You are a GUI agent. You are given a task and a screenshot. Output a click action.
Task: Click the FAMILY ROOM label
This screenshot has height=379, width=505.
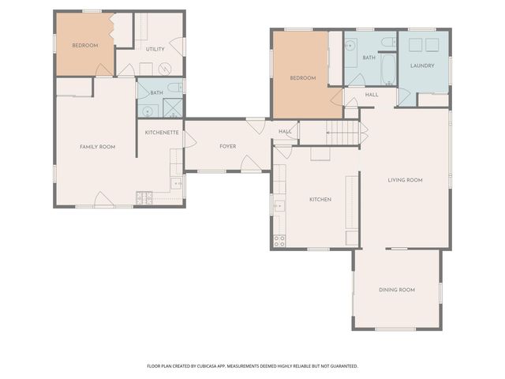click(x=98, y=147)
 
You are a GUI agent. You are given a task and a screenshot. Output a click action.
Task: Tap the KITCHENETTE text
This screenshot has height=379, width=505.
click(x=162, y=133)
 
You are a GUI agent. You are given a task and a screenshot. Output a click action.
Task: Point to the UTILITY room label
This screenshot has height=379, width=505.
click(x=155, y=50)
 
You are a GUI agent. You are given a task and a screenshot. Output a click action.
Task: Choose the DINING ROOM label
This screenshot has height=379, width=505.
click(x=396, y=290)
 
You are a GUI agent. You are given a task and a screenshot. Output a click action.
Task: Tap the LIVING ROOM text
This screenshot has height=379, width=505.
click(x=405, y=180)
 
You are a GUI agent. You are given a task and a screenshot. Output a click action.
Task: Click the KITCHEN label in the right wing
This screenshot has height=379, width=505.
click(x=320, y=199)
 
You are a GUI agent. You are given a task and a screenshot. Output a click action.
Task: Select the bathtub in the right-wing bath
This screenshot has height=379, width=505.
click(x=388, y=70)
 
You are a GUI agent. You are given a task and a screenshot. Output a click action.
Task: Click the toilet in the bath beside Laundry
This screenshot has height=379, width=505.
click(x=387, y=41)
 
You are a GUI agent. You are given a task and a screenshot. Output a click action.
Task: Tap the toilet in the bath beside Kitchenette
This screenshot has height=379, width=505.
click(x=177, y=88)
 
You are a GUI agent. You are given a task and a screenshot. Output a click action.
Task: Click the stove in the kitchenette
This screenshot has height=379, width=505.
click(x=144, y=197)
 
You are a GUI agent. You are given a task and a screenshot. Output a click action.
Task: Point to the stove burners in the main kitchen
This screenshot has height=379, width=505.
click(x=279, y=242)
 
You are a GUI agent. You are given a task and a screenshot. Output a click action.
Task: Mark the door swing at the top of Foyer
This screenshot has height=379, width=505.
click(x=255, y=125)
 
